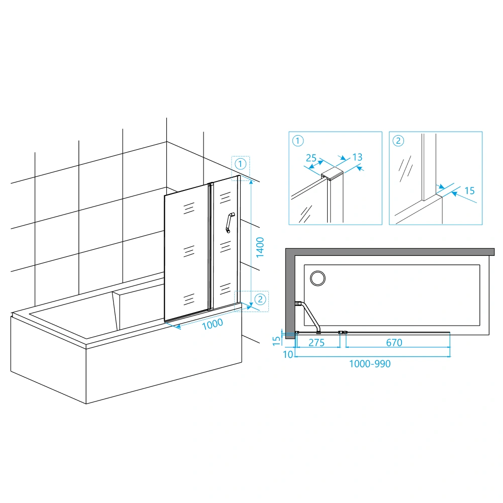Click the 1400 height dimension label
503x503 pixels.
(260, 247)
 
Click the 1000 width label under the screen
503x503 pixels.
(213, 324)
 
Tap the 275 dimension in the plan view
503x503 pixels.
(317, 343)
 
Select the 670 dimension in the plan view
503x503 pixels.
(394, 343)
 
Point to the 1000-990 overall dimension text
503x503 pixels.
(369, 364)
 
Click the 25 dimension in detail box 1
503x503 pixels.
(311, 158)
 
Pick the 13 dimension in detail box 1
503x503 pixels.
(357, 157)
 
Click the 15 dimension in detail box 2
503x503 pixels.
(470, 191)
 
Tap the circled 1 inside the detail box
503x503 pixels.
(298, 141)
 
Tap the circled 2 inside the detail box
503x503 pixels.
(398, 141)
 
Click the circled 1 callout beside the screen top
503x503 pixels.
(241, 164)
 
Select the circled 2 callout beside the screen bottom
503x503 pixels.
(260, 299)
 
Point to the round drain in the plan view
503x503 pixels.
(318, 278)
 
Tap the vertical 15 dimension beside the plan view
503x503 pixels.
(276, 341)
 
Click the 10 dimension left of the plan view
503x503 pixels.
(288, 354)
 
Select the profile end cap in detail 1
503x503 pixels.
(332, 173)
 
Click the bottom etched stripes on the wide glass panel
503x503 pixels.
(189, 299)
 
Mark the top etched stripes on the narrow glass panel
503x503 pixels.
(225, 197)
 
